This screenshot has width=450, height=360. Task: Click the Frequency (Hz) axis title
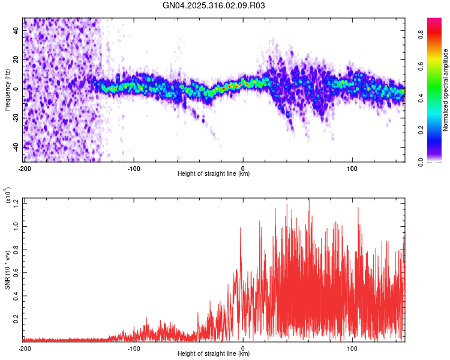[7, 89]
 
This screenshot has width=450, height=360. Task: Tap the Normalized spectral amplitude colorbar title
[446, 89]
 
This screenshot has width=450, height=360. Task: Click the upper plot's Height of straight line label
[214, 173]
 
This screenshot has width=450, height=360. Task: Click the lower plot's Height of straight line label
[214, 353]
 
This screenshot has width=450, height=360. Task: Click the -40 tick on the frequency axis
[16, 147]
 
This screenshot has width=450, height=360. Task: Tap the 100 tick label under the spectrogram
[352, 168]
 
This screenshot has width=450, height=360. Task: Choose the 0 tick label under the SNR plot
[243, 348]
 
